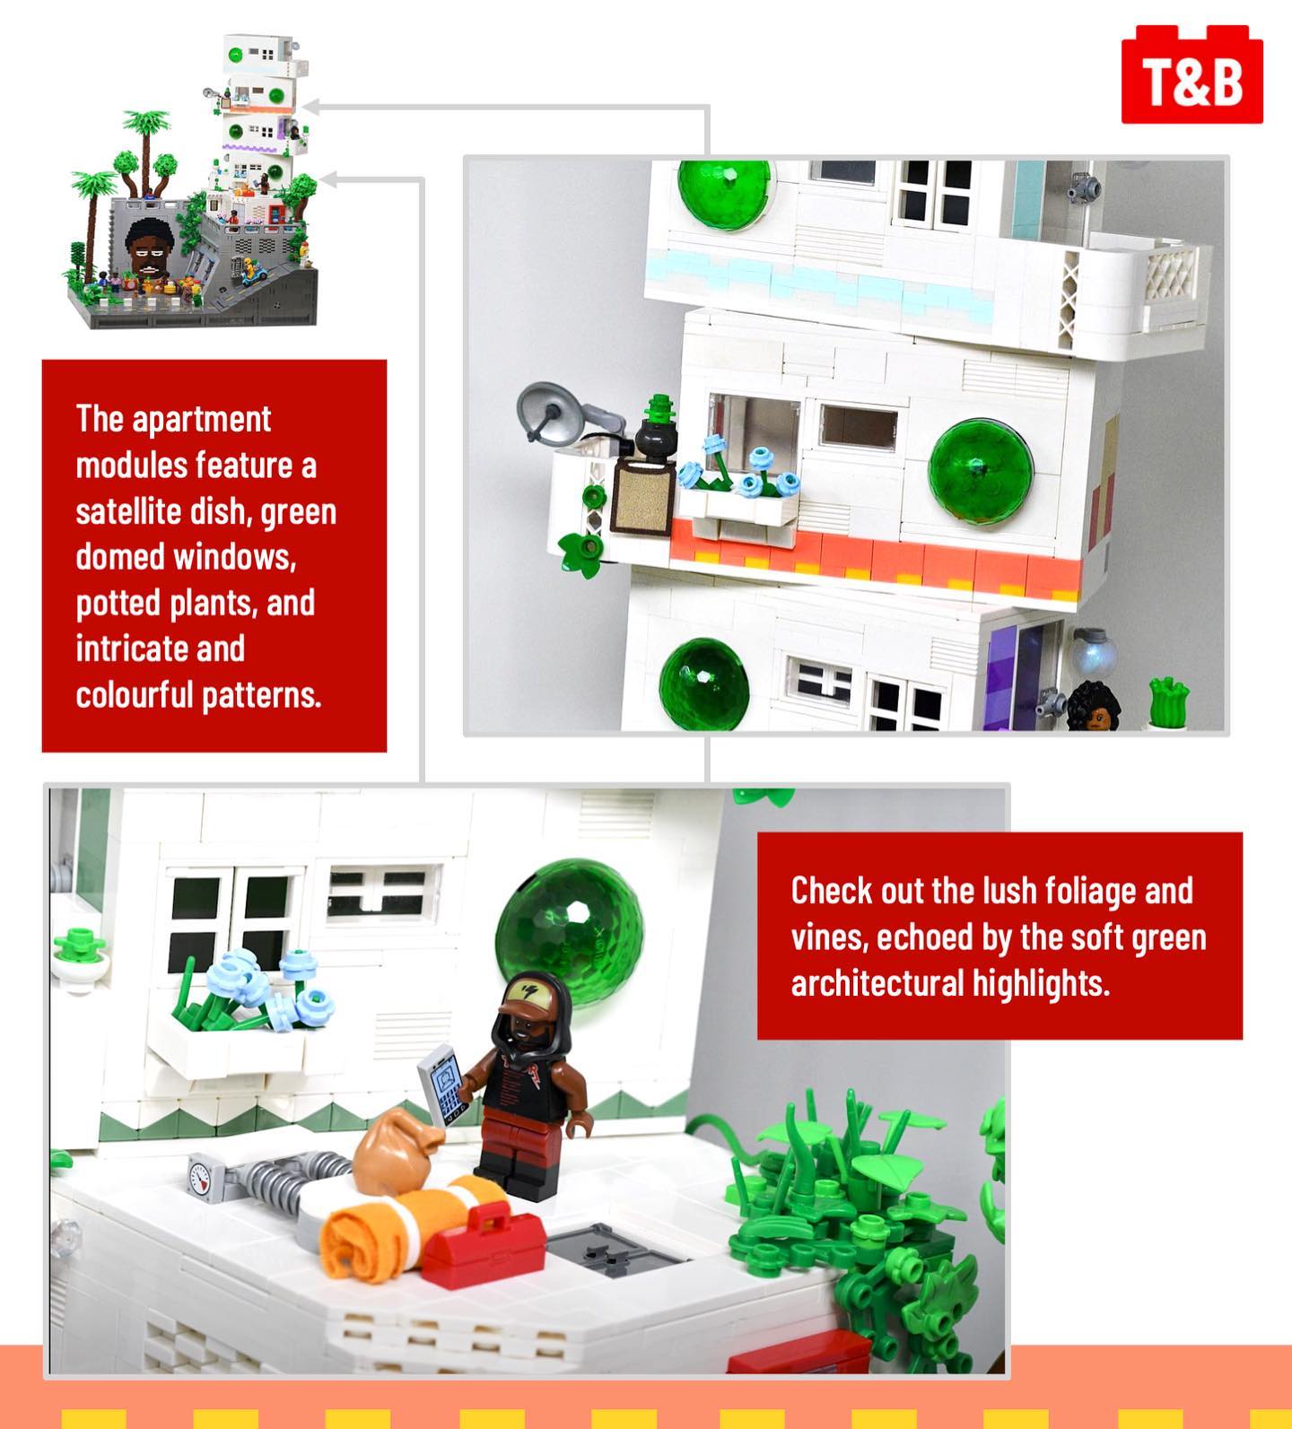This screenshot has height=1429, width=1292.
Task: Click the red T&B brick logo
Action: click(x=1192, y=74)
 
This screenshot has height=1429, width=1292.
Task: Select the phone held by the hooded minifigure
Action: click(x=444, y=1084)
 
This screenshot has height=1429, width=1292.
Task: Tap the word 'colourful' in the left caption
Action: click(x=135, y=695)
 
